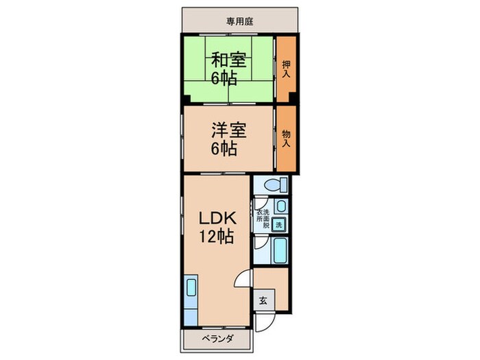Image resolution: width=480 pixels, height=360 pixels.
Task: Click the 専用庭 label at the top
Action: pyautogui.click(x=240, y=21)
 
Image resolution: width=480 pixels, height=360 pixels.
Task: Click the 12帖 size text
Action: pyautogui.click(x=217, y=237)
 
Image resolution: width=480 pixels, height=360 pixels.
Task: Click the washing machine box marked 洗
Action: pyautogui.click(x=278, y=224)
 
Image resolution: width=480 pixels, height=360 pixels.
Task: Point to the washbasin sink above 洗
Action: pyautogui.click(x=279, y=206)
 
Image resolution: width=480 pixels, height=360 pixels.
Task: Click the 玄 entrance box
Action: pyautogui.click(x=264, y=299)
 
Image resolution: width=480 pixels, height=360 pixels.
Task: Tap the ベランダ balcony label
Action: pyautogui.click(x=218, y=339)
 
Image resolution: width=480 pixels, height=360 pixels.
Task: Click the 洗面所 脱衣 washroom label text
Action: pyautogui.click(x=263, y=219)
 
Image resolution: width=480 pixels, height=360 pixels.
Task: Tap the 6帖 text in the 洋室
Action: pyautogui.click(x=224, y=149)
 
